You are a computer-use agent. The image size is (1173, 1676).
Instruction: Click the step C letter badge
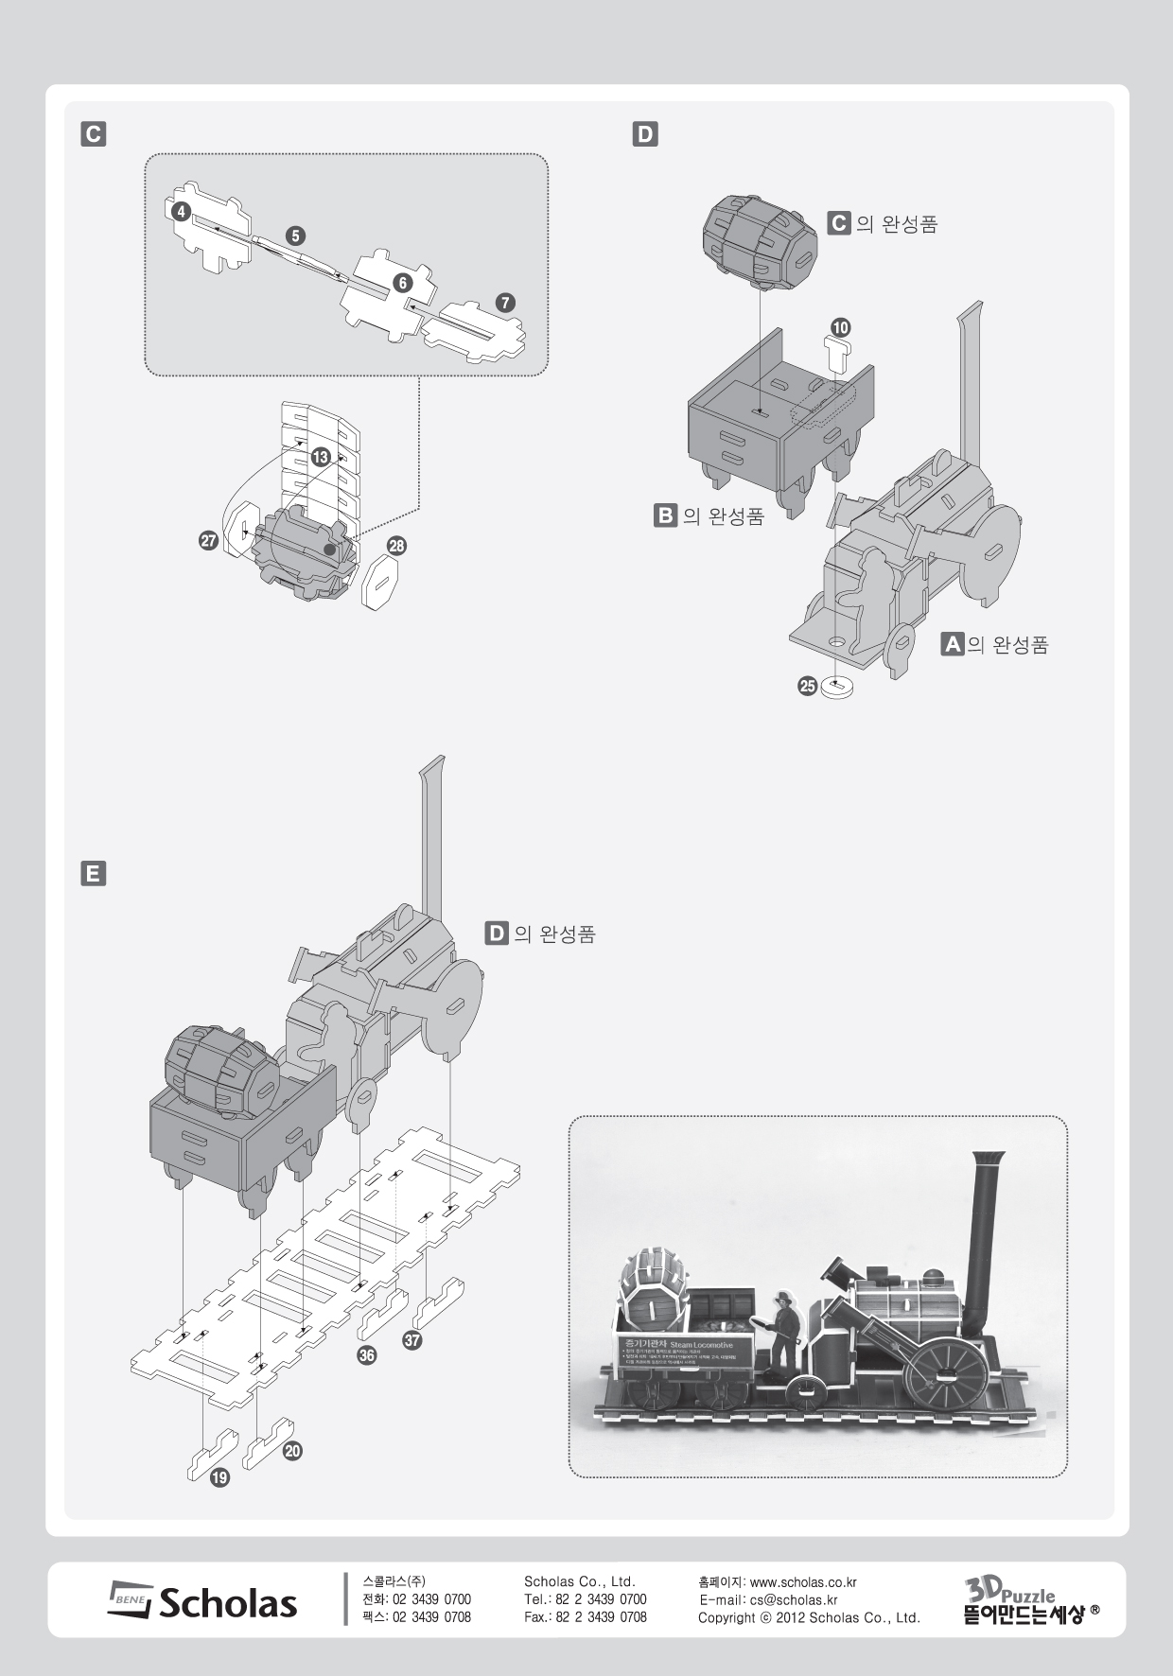point(93,134)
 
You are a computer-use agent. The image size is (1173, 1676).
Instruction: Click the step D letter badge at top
point(645,134)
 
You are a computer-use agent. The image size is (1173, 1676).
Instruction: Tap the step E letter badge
point(93,874)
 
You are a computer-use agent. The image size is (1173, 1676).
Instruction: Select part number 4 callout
point(181,213)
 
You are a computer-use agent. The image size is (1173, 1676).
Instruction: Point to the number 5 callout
point(296,236)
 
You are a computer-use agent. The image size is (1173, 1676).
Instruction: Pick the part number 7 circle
point(402,283)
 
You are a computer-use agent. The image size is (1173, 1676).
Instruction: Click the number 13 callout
point(505,303)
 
